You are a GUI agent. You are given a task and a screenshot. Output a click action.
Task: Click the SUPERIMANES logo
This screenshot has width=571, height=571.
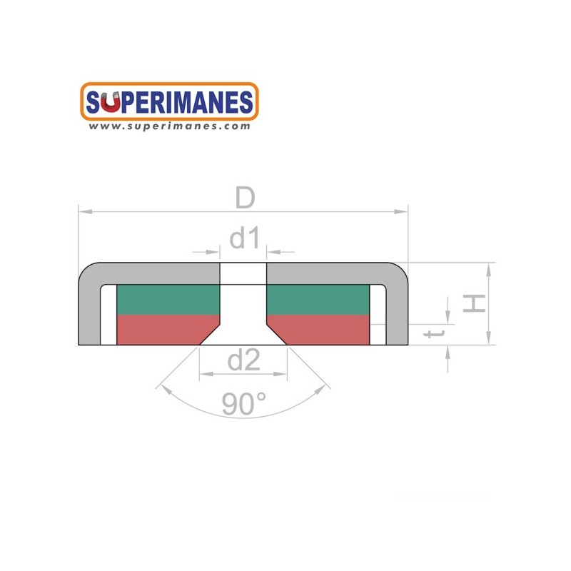point(169,101)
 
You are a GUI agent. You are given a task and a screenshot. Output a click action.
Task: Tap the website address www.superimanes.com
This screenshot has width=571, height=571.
point(169,126)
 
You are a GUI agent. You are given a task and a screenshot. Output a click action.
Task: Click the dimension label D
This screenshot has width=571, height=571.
point(245,198)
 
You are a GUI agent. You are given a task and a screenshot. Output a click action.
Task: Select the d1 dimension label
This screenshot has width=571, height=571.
point(245,238)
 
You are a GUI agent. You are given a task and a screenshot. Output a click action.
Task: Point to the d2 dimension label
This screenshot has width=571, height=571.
point(243,360)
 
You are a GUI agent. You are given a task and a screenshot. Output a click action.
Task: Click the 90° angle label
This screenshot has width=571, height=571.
point(243,403)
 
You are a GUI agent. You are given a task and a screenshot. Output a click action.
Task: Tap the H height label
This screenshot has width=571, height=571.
point(474,303)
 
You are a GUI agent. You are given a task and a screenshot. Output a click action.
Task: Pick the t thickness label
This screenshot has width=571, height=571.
point(435,333)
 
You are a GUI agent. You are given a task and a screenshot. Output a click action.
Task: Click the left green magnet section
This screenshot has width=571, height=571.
point(168,300)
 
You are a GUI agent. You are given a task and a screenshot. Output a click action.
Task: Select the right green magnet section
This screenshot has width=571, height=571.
point(318,300)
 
